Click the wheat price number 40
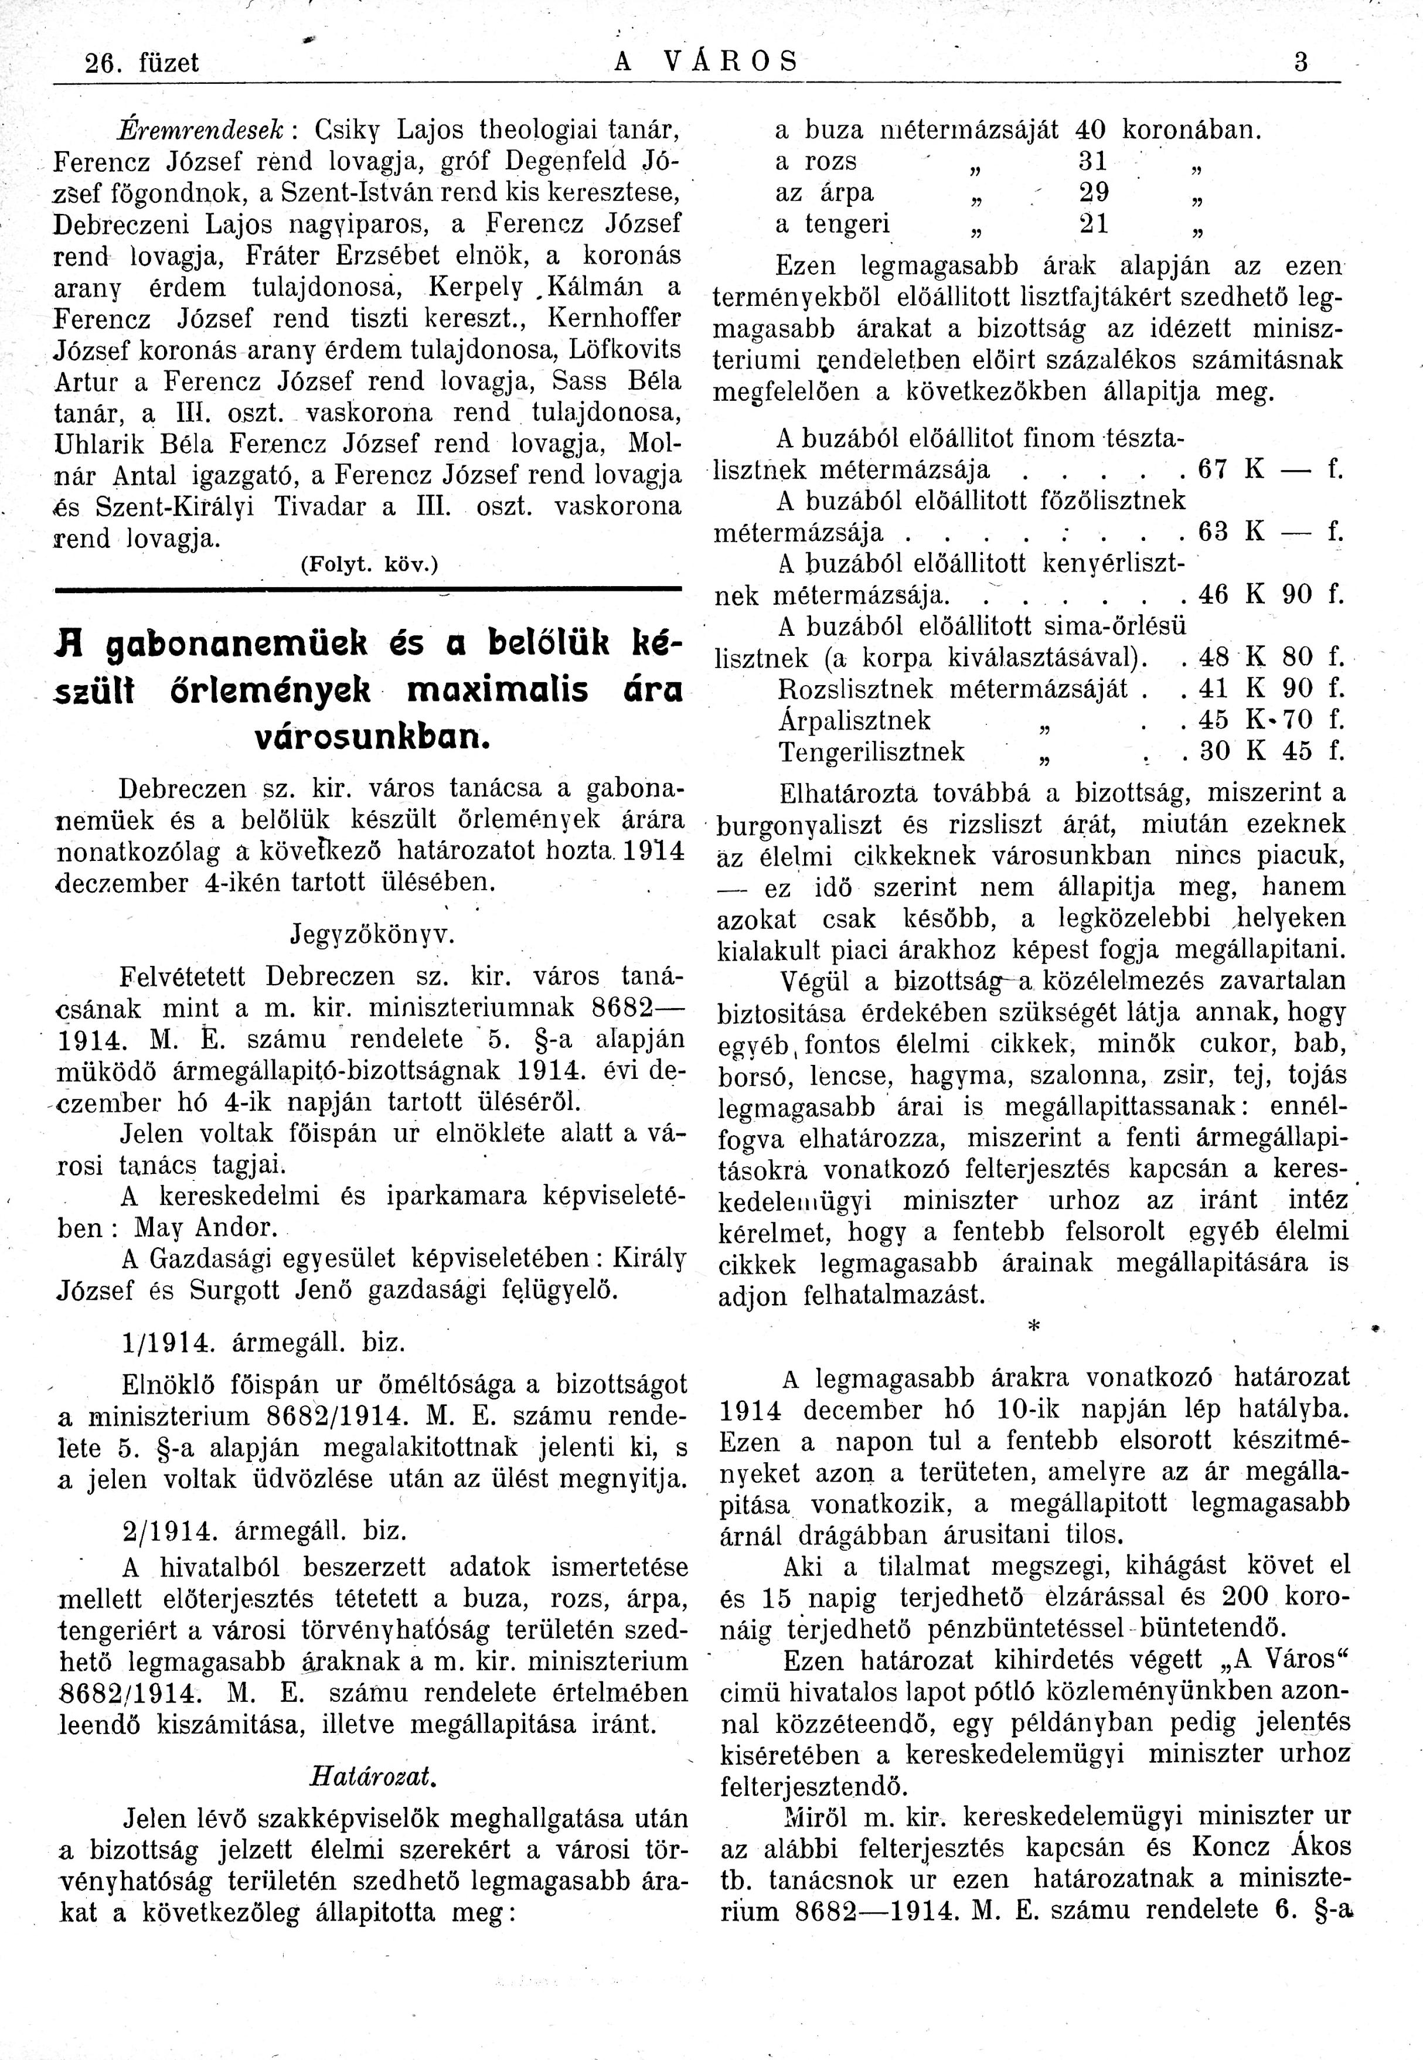click(x=1091, y=130)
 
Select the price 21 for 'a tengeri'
click(x=1093, y=224)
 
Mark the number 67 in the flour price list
click(x=1213, y=470)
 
